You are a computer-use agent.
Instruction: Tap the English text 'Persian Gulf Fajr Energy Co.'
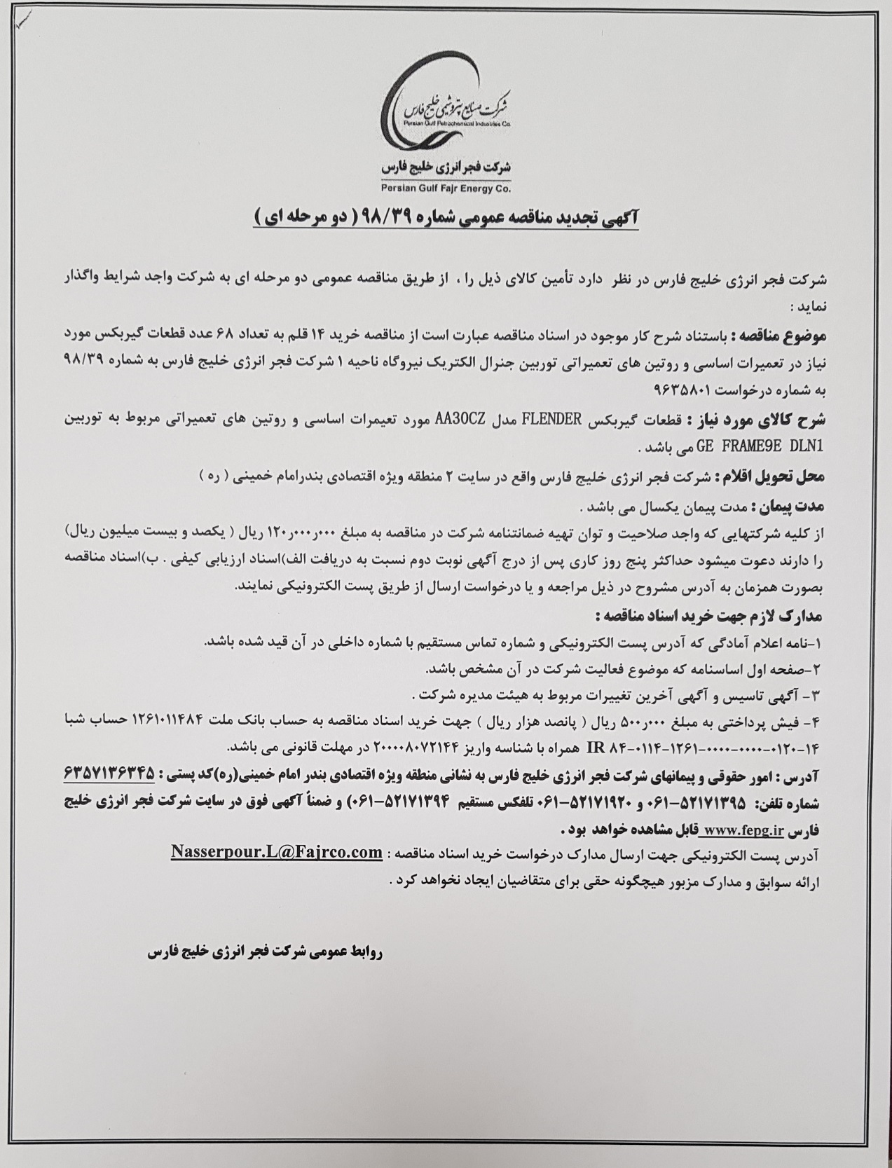click(446, 188)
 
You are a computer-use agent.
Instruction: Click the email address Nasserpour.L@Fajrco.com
click(277, 852)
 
